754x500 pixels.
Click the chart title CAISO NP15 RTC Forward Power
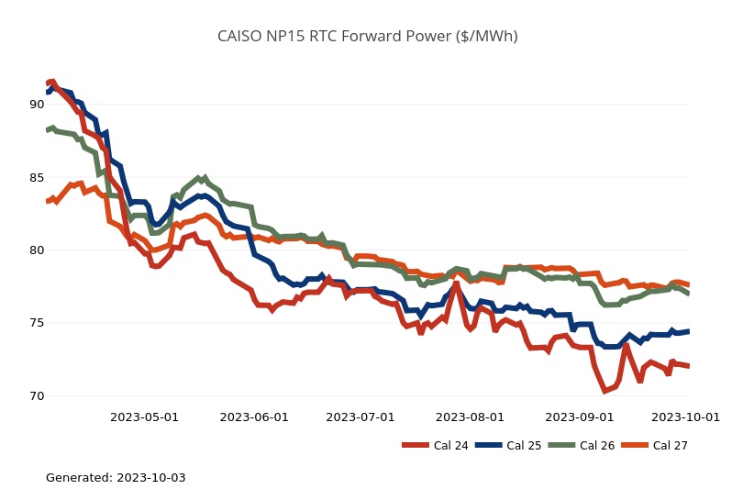coord(367,37)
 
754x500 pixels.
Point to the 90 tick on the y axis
coord(37,105)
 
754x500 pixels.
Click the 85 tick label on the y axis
coord(37,177)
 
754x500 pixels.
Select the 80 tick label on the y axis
coord(37,250)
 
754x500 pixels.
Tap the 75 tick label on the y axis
coord(37,323)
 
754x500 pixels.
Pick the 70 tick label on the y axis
coord(37,396)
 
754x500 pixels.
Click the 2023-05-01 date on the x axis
coord(144,417)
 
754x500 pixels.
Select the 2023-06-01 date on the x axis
coord(253,417)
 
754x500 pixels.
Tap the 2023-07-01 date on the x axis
coord(360,417)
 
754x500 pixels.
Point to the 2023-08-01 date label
coord(471,417)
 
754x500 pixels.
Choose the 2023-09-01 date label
coord(580,417)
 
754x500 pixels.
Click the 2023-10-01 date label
coord(685,417)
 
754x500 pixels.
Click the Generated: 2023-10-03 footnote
coord(116,478)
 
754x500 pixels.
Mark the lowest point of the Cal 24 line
coord(604,391)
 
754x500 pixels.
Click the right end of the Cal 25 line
coord(688,331)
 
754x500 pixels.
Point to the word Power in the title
coord(429,37)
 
